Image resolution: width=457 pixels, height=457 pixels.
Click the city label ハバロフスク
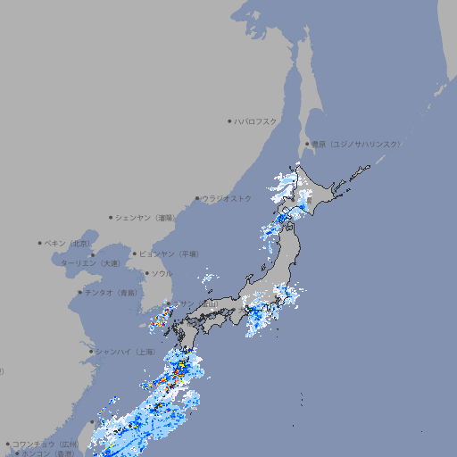click(256, 120)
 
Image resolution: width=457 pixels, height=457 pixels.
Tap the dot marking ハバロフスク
click(229, 120)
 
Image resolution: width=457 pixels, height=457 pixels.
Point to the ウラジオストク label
click(227, 198)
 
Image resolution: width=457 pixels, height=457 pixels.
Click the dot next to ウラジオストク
click(197, 198)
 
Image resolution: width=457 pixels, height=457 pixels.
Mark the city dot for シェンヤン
click(112, 217)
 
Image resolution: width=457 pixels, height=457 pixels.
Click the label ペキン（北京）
click(68, 243)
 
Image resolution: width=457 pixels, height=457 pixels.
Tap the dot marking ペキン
click(40, 243)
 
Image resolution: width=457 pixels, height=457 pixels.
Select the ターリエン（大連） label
click(89, 263)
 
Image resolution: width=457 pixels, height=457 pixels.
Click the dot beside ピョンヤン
click(136, 253)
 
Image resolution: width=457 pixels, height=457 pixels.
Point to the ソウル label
click(162, 273)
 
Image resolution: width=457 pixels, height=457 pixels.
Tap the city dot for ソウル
click(146, 273)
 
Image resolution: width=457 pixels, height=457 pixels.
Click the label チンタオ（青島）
click(112, 292)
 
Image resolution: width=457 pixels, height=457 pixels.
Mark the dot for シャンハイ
click(91, 352)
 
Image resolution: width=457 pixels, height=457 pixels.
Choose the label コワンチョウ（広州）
click(46, 444)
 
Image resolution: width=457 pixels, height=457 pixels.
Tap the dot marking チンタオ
click(80, 292)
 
